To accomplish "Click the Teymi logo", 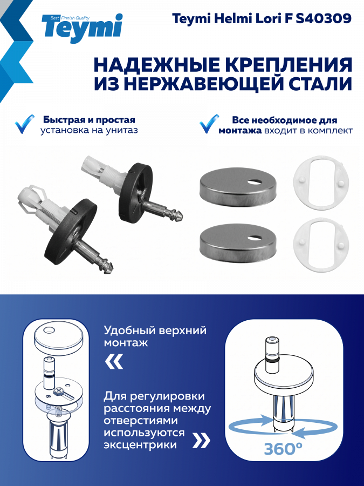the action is click(x=82, y=28).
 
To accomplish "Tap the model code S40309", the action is click(x=324, y=19).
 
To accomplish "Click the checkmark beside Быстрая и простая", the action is click(x=24, y=124).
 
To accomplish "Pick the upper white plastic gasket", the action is click(x=321, y=183).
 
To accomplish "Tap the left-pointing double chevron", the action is click(x=114, y=361).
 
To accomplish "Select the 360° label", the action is click(x=283, y=448).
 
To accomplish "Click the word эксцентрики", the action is click(x=141, y=445).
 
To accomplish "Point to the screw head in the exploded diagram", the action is click(x=58, y=391).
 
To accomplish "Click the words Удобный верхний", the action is click(x=155, y=330).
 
